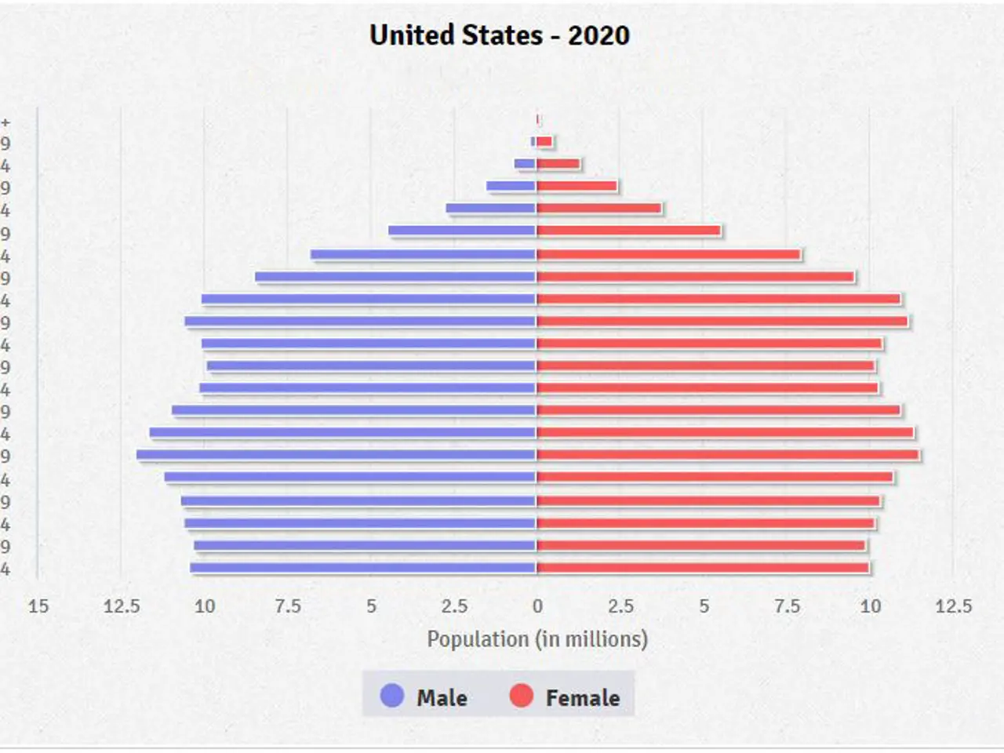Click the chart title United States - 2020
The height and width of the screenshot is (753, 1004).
[500, 35]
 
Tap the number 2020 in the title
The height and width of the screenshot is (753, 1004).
[598, 35]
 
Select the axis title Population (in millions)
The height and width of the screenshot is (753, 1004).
[537, 639]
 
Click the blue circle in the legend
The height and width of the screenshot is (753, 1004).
[391, 696]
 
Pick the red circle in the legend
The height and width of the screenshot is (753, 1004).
[521, 696]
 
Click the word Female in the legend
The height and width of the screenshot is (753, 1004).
[582, 697]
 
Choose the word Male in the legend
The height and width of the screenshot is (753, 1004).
[442, 697]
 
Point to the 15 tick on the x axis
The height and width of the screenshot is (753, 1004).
[38, 606]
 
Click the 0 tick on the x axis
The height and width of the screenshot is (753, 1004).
[537, 606]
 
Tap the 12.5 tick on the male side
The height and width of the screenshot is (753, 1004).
[122, 606]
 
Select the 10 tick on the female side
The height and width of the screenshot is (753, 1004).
[870, 606]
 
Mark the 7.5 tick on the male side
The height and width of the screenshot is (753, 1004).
[288, 606]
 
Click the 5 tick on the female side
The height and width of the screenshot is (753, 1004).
[704, 606]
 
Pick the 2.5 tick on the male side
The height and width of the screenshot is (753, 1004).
[454, 606]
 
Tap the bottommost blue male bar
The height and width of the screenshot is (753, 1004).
[362, 568]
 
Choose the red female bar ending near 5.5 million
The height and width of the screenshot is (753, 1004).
[628, 231]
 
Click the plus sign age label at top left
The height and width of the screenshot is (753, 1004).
[5, 122]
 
